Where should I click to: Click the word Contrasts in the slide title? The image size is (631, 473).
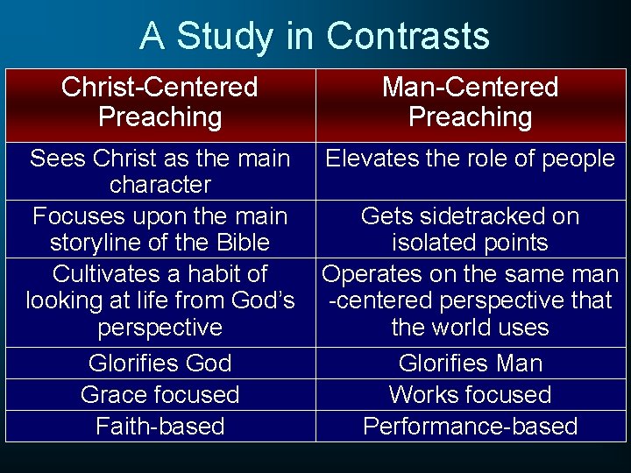(x=408, y=37)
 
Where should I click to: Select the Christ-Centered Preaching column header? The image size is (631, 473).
(x=160, y=102)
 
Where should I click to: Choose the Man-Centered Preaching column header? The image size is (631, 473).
(x=470, y=102)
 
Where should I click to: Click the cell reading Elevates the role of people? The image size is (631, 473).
(x=470, y=159)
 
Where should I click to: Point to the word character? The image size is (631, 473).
(x=160, y=185)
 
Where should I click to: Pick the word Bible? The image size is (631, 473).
(x=242, y=243)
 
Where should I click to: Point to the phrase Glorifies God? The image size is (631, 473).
(x=160, y=364)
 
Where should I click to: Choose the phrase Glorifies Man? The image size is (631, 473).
(x=470, y=364)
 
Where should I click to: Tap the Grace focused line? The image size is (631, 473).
(x=160, y=395)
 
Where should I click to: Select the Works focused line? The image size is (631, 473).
(x=470, y=395)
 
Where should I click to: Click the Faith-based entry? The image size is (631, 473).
(x=160, y=427)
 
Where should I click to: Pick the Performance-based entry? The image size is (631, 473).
(x=470, y=427)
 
